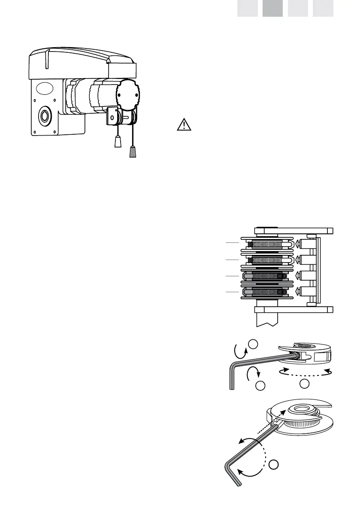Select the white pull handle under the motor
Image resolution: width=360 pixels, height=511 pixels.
(x=118, y=142)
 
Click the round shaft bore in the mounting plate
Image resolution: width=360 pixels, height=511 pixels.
(x=45, y=116)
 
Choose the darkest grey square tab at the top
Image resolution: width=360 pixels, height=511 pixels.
(x=272, y=8)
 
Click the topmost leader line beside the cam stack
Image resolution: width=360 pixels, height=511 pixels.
(x=232, y=243)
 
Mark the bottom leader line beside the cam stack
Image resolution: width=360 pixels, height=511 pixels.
(x=232, y=292)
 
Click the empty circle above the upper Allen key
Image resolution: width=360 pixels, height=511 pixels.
(x=253, y=344)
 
